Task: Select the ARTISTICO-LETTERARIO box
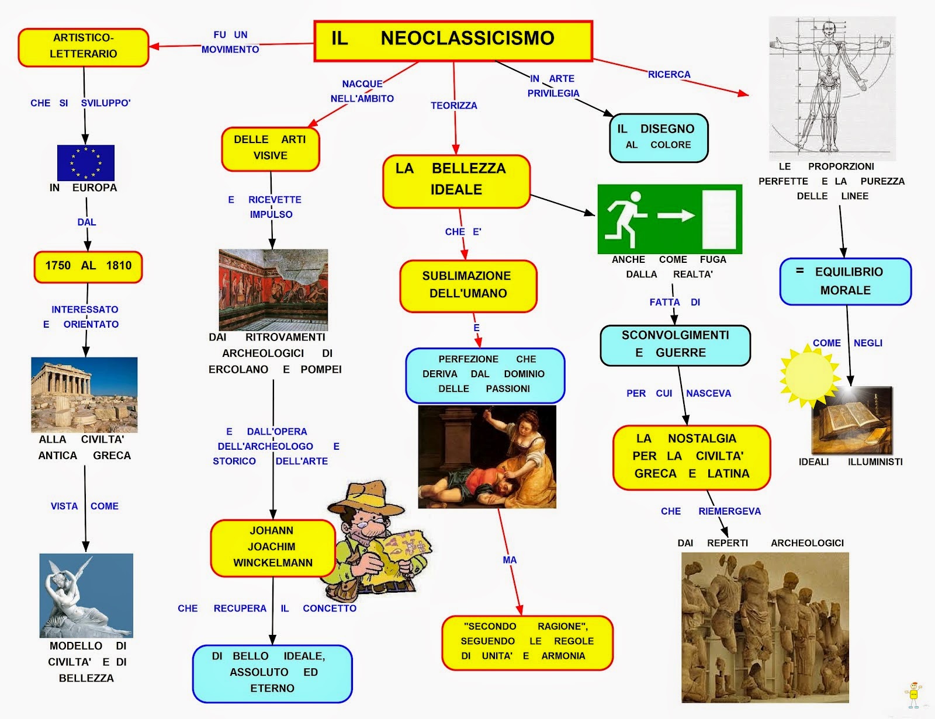pyautogui.click(x=83, y=47)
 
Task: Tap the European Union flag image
pyautogui.click(x=86, y=162)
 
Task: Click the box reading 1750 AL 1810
pyautogui.click(x=88, y=266)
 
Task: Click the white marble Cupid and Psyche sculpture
pyautogui.click(x=86, y=596)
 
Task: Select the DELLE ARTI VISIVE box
pyautogui.click(x=270, y=148)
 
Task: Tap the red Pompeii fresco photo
pyautogui.click(x=273, y=290)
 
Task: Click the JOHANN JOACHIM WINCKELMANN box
pyautogui.click(x=272, y=547)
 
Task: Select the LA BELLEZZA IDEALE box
pyautogui.click(x=456, y=180)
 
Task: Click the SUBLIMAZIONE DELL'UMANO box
pyautogui.click(x=467, y=285)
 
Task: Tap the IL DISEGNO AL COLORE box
pyautogui.click(x=658, y=137)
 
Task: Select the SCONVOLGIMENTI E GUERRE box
pyautogui.click(x=675, y=345)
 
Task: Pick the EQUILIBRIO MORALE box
pyautogui.click(x=845, y=282)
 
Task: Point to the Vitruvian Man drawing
pyautogui.click(x=831, y=88)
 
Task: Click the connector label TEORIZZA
pyautogui.click(x=453, y=106)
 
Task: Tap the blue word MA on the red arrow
pyautogui.click(x=510, y=560)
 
